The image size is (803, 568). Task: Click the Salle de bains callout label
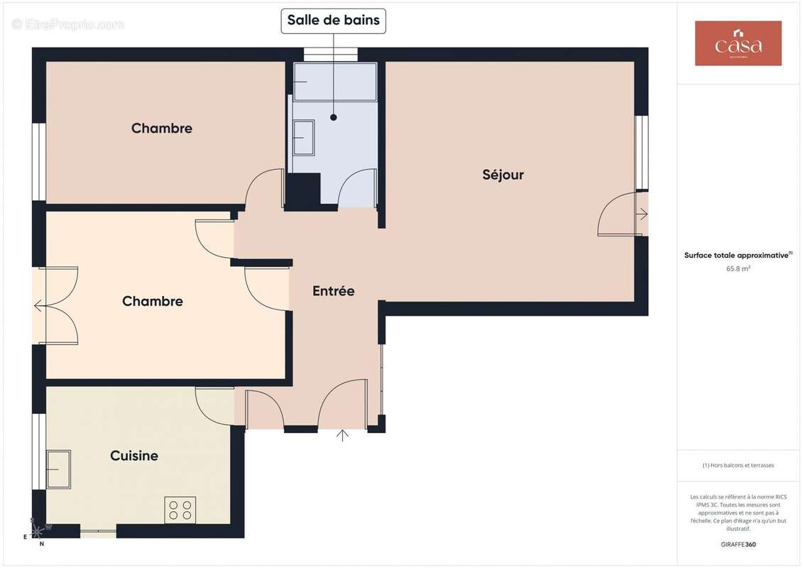tap(333, 21)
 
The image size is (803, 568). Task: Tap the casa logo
tap(738, 43)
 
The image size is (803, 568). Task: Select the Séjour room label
tap(503, 175)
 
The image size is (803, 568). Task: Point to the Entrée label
tap(333, 291)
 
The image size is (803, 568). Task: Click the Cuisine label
tap(134, 456)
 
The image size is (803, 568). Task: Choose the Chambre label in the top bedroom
tap(162, 129)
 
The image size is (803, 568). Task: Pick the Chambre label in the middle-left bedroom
tap(153, 301)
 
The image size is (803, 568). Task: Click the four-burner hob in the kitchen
tap(180, 510)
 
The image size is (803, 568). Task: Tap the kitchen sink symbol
tap(59, 469)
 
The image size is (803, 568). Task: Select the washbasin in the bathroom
tap(303, 136)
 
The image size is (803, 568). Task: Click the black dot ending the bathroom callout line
tap(333, 117)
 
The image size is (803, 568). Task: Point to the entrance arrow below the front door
tap(343, 435)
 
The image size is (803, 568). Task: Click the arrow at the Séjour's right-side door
tap(643, 214)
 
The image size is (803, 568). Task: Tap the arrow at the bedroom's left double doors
tap(38, 307)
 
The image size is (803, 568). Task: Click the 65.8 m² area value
tap(738, 268)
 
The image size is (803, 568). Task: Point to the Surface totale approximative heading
tap(738, 255)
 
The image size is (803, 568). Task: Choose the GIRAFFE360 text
tap(738, 545)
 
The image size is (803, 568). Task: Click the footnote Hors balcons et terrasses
tap(738, 465)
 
